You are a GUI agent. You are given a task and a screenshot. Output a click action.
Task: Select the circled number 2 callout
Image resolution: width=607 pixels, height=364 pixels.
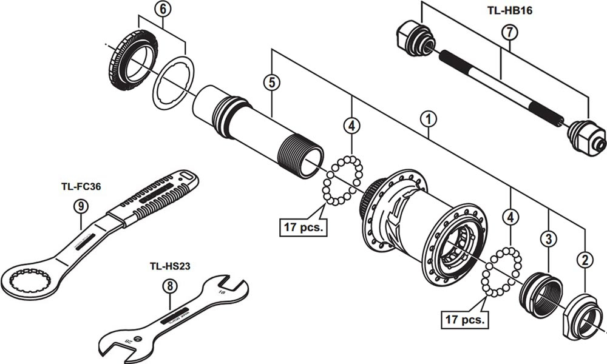(x=585, y=261)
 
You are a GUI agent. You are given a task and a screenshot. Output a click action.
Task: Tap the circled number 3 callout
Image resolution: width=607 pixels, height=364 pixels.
(x=548, y=238)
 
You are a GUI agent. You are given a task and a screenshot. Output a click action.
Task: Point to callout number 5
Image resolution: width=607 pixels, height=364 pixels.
(x=271, y=83)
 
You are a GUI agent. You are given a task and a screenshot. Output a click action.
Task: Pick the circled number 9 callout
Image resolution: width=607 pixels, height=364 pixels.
(x=81, y=206)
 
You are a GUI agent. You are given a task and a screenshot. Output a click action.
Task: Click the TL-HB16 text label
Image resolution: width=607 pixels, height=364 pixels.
(x=509, y=10)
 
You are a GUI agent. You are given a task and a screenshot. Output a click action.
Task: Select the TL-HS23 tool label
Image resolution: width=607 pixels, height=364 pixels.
(x=170, y=266)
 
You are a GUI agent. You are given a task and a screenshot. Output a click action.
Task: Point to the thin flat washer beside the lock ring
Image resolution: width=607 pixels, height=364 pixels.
(x=172, y=82)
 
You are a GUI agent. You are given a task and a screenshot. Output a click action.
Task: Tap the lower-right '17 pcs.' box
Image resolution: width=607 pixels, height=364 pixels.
(x=464, y=318)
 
